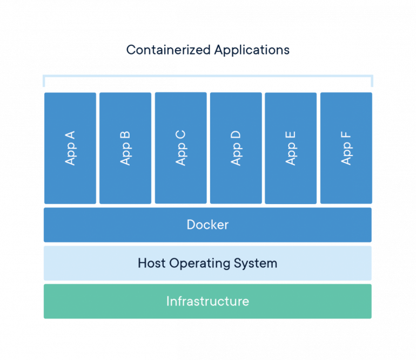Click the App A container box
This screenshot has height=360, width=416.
[x=70, y=148]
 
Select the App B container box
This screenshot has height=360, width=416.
[x=125, y=148]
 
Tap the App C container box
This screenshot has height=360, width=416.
[x=180, y=148]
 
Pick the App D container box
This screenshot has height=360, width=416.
[x=236, y=148]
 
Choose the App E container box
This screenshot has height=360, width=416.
[x=291, y=148]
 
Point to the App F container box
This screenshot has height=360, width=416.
[x=346, y=148]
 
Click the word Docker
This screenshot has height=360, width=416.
[x=207, y=225]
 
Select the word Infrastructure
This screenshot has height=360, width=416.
[x=207, y=301]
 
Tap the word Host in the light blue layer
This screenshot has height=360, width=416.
[x=152, y=263]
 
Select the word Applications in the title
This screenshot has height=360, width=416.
[x=251, y=50]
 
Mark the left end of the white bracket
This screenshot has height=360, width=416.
[x=44, y=81]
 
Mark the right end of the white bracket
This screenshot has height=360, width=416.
[x=371, y=81]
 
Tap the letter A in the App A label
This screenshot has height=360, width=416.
[x=70, y=133]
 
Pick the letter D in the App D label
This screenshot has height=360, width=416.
[x=236, y=132]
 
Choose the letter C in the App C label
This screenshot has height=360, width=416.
[x=180, y=132]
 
